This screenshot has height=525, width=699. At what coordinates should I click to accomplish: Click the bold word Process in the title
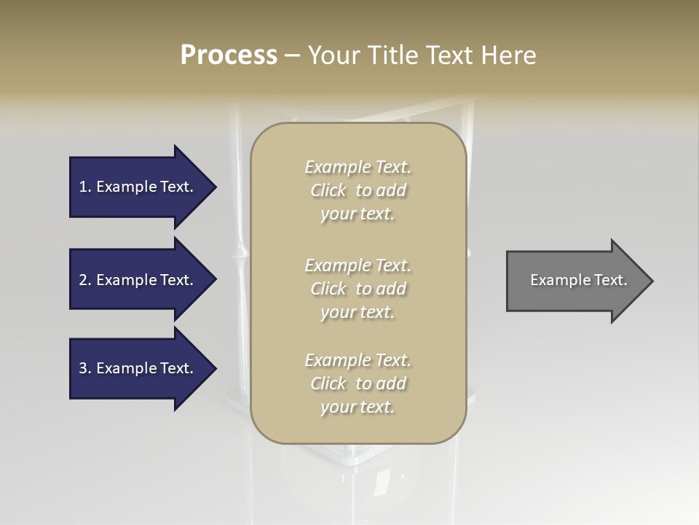coord(229,55)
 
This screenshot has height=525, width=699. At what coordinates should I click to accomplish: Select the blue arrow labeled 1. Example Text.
coord(138,187)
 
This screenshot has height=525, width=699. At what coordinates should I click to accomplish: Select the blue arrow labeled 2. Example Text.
coord(138,280)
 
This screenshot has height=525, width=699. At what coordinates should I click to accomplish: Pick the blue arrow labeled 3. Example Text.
coord(138,368)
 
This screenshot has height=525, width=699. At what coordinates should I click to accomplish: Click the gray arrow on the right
coord(575,280)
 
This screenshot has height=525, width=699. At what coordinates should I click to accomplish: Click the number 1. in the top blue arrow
coord(85,187)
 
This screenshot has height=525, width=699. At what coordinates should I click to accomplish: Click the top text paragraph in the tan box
coord(358,190)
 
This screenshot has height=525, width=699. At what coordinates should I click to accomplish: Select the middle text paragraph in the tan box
coord(358,289)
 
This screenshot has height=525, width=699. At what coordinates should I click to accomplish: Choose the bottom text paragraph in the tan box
coord(358,384)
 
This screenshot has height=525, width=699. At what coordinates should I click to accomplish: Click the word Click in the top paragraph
coord(328,190)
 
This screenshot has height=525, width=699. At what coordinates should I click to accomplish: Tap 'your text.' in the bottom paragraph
coord(358,407)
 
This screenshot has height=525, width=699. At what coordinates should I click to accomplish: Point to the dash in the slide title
coord(293,56)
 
